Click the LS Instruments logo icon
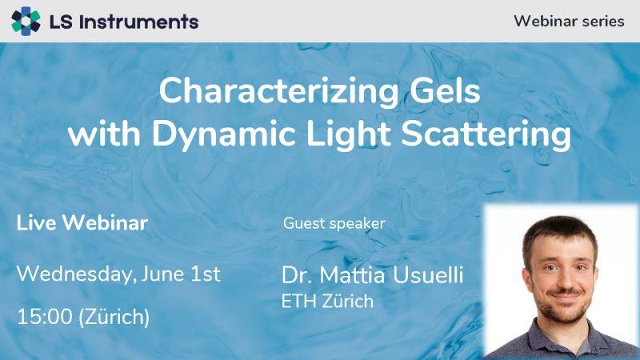coord(26,22)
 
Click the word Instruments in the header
coord(138,22)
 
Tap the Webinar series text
coord(569,22)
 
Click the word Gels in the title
coord(445,90)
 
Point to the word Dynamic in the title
coord(224,134)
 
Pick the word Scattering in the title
coord(486,134)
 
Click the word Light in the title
coord(348,134)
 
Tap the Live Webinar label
coord(82,223)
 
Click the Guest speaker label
coord(334,224)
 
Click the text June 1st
coord(181,274)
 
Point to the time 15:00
coord(45,317)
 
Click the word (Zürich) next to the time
coord(114,318)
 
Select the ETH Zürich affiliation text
coord(327,302)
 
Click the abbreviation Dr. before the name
coord(298,275)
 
